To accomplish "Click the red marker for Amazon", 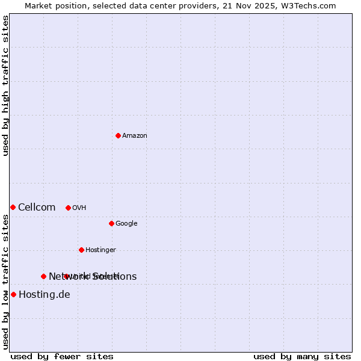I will tap(118, 135).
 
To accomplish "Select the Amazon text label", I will tap(135, 136).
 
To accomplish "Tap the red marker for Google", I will tap(111, 223).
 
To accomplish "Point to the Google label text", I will tap(126, 224).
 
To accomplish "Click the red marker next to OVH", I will tap(68, 208).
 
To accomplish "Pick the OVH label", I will tap(79, 208).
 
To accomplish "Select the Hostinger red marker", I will tap(81, 250).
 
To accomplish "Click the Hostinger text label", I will tap(100, 250).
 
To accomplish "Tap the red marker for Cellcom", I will tap(13, 207).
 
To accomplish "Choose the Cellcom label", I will tap(37, 208).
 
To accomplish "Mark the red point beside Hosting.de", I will tap(13, 294).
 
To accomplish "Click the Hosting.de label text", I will tap(45, 295).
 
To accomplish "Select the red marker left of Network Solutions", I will tap(43, 276).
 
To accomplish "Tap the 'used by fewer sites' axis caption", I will tap(62, 356).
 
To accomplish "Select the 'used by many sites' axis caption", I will tap(302, 356).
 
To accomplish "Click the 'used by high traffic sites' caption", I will tap(6, 85).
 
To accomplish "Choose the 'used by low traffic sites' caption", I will tap(6, 281).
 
